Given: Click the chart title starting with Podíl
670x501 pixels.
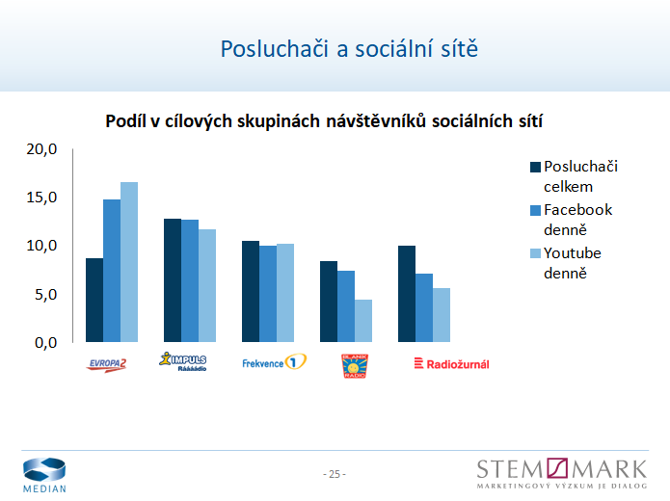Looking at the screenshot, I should (x=323, y=121).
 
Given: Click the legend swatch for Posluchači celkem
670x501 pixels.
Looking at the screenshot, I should (x=536, y=168).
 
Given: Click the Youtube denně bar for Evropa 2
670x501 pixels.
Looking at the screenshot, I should (x=129, y=262).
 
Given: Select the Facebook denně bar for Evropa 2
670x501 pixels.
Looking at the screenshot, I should (x=112, y=271).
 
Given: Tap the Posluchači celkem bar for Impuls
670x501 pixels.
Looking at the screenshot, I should (x=173, y=280).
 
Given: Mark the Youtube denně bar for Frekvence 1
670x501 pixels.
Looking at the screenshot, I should (x=285, y=293).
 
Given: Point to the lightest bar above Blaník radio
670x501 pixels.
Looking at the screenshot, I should (x=363, y=321).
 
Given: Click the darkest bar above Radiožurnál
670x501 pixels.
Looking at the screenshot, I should (x=407, y=294).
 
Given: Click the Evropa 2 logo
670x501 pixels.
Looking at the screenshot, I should (x=107, y=363).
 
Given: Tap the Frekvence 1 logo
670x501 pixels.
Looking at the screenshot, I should (x=274, y=363).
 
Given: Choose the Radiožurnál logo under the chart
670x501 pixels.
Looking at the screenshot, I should (x=451, y=363).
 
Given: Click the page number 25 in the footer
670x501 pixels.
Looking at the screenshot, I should (x=335, y=474).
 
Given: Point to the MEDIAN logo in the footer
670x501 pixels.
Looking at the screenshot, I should (x=45, y=474).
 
